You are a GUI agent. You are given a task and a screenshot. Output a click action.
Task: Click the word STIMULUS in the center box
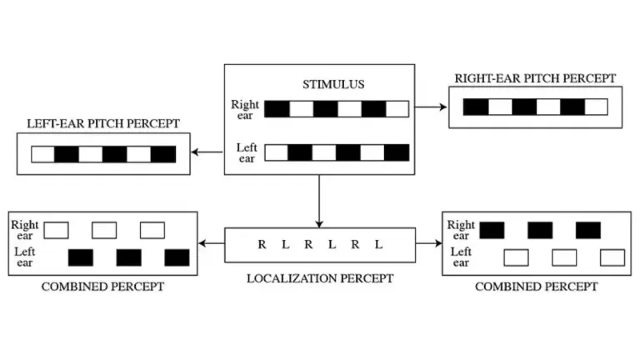click(x=321, y=84)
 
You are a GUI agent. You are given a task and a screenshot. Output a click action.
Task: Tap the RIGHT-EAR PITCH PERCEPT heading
click(x=535, y=79)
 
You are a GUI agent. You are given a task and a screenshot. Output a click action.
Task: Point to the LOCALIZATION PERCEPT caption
click(x=320, y=277)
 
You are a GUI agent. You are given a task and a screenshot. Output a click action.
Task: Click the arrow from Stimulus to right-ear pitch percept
click(x=431, y=107)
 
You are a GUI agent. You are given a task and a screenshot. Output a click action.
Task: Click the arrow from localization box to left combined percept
click(x=212, y=244)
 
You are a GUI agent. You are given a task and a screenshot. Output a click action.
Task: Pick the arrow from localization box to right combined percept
click(x=427, y=244)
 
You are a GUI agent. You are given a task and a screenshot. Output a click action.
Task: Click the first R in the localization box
click(x=262, y=245)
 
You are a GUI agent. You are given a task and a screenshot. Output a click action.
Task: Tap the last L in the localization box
click(x=378, y=245)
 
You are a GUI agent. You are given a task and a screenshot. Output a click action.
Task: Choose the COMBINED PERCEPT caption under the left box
click(x=102, y=287)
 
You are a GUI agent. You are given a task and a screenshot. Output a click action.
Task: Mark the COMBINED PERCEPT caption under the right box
click(x=536, y=287)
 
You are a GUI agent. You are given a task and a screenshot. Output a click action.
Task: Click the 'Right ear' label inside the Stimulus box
click(x=246, y=109)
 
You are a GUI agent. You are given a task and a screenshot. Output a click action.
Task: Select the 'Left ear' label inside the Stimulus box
click(x=247, y=152)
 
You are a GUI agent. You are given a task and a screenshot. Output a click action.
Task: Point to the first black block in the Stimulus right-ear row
click(x=277, y=108)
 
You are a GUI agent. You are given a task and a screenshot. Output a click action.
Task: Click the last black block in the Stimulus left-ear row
click(x=397, y=152)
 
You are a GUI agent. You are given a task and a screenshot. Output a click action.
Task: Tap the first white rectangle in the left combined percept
click(x=56, y=230)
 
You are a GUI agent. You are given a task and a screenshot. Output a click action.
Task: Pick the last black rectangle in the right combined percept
click(x=588, y=230)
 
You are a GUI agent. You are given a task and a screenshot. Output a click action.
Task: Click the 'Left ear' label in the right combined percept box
click(x=461, y=257)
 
